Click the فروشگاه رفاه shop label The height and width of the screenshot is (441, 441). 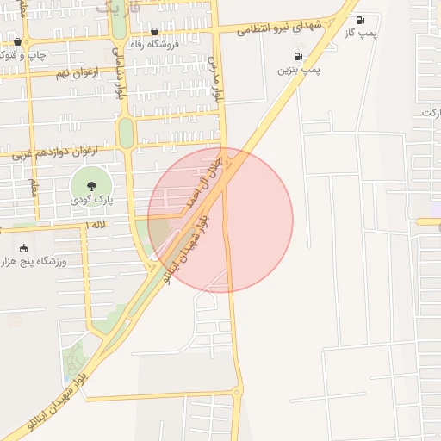coord(154,44)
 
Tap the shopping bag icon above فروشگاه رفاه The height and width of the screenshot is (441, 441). coord(154,32)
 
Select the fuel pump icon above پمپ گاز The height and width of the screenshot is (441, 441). coord(359,20)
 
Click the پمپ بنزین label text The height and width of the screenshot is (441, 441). coord(299,70)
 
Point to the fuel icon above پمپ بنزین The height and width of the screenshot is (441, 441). coord(298,57)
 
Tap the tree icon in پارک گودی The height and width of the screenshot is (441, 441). coord(91,183)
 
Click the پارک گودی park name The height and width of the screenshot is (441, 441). coord(91,199)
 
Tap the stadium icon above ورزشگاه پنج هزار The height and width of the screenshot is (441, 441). coord(23,248)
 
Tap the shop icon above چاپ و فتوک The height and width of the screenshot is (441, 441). coord(17,41)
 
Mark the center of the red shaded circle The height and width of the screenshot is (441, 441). coord(220,220)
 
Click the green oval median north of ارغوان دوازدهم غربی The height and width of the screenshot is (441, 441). coord(126,132)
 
